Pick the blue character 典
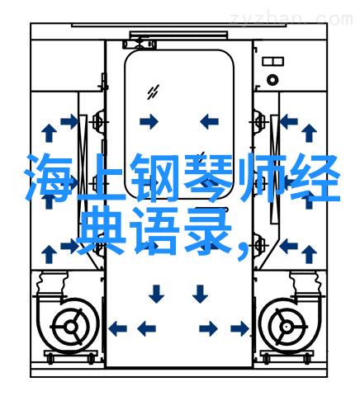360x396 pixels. click(102, 230)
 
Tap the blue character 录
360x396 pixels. click(208, 230)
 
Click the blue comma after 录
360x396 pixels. click(243, 250)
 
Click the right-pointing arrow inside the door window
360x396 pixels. click(149, 121)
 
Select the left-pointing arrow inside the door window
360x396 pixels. click(210, 121)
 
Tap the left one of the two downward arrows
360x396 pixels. click(156, 294)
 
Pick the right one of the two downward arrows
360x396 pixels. click(200, 294)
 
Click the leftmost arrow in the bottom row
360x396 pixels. click(117, 328)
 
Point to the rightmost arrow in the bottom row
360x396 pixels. click(239, 328)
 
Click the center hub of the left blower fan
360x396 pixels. click(71, 328)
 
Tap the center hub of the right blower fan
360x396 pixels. click(287, 328)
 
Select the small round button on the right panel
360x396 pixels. click(272, 80)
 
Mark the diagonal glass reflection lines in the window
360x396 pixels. click(153, 92)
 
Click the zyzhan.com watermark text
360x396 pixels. click(291, 20)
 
